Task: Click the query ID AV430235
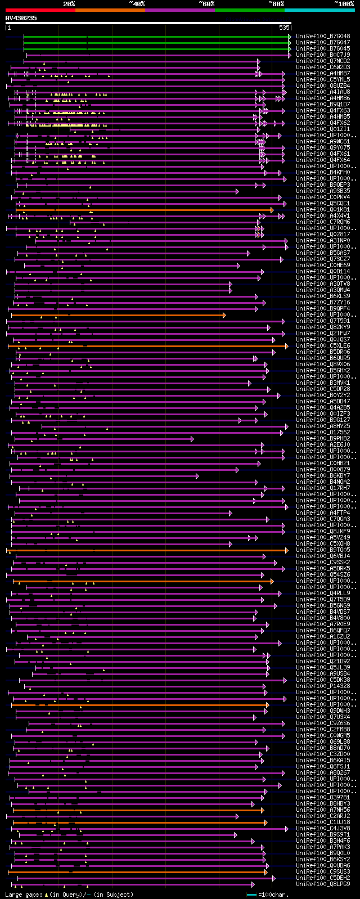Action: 21,18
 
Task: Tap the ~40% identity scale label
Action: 137,4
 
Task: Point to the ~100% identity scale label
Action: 344,4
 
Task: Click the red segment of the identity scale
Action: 40,10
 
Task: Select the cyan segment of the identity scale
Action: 319,10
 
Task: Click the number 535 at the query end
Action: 285,28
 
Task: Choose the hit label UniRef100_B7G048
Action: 323,37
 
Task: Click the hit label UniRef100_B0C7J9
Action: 323,55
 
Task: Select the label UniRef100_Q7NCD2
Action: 323,61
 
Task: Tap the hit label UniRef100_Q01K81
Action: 323,210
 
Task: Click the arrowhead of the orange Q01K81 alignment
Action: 272,210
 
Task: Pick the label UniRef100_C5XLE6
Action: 323,346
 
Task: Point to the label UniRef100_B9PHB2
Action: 323,439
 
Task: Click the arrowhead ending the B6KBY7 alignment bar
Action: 197,476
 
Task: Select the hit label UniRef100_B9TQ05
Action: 323,550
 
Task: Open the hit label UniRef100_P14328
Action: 323,686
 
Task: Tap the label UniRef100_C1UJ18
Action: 323,822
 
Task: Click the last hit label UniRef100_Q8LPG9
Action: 323,884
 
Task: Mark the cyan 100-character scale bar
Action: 251,894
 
